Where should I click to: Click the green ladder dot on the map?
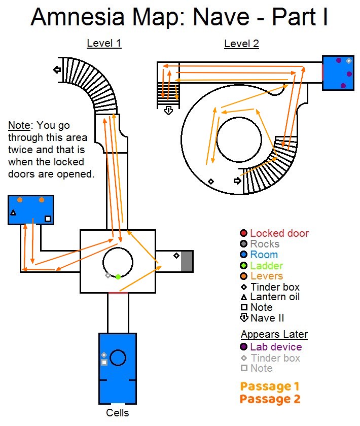(118, 277)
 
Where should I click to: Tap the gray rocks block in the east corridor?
(187, 261)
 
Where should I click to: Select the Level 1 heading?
(104, 43)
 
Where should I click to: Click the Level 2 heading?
(241, 44)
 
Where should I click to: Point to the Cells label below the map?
(117, 413)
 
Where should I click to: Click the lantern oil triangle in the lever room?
(13, 212)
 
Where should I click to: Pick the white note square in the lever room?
(48, 219)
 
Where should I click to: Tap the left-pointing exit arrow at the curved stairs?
(57, 70)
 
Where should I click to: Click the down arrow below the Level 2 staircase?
(169, 111)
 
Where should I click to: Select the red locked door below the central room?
(118, 293)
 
